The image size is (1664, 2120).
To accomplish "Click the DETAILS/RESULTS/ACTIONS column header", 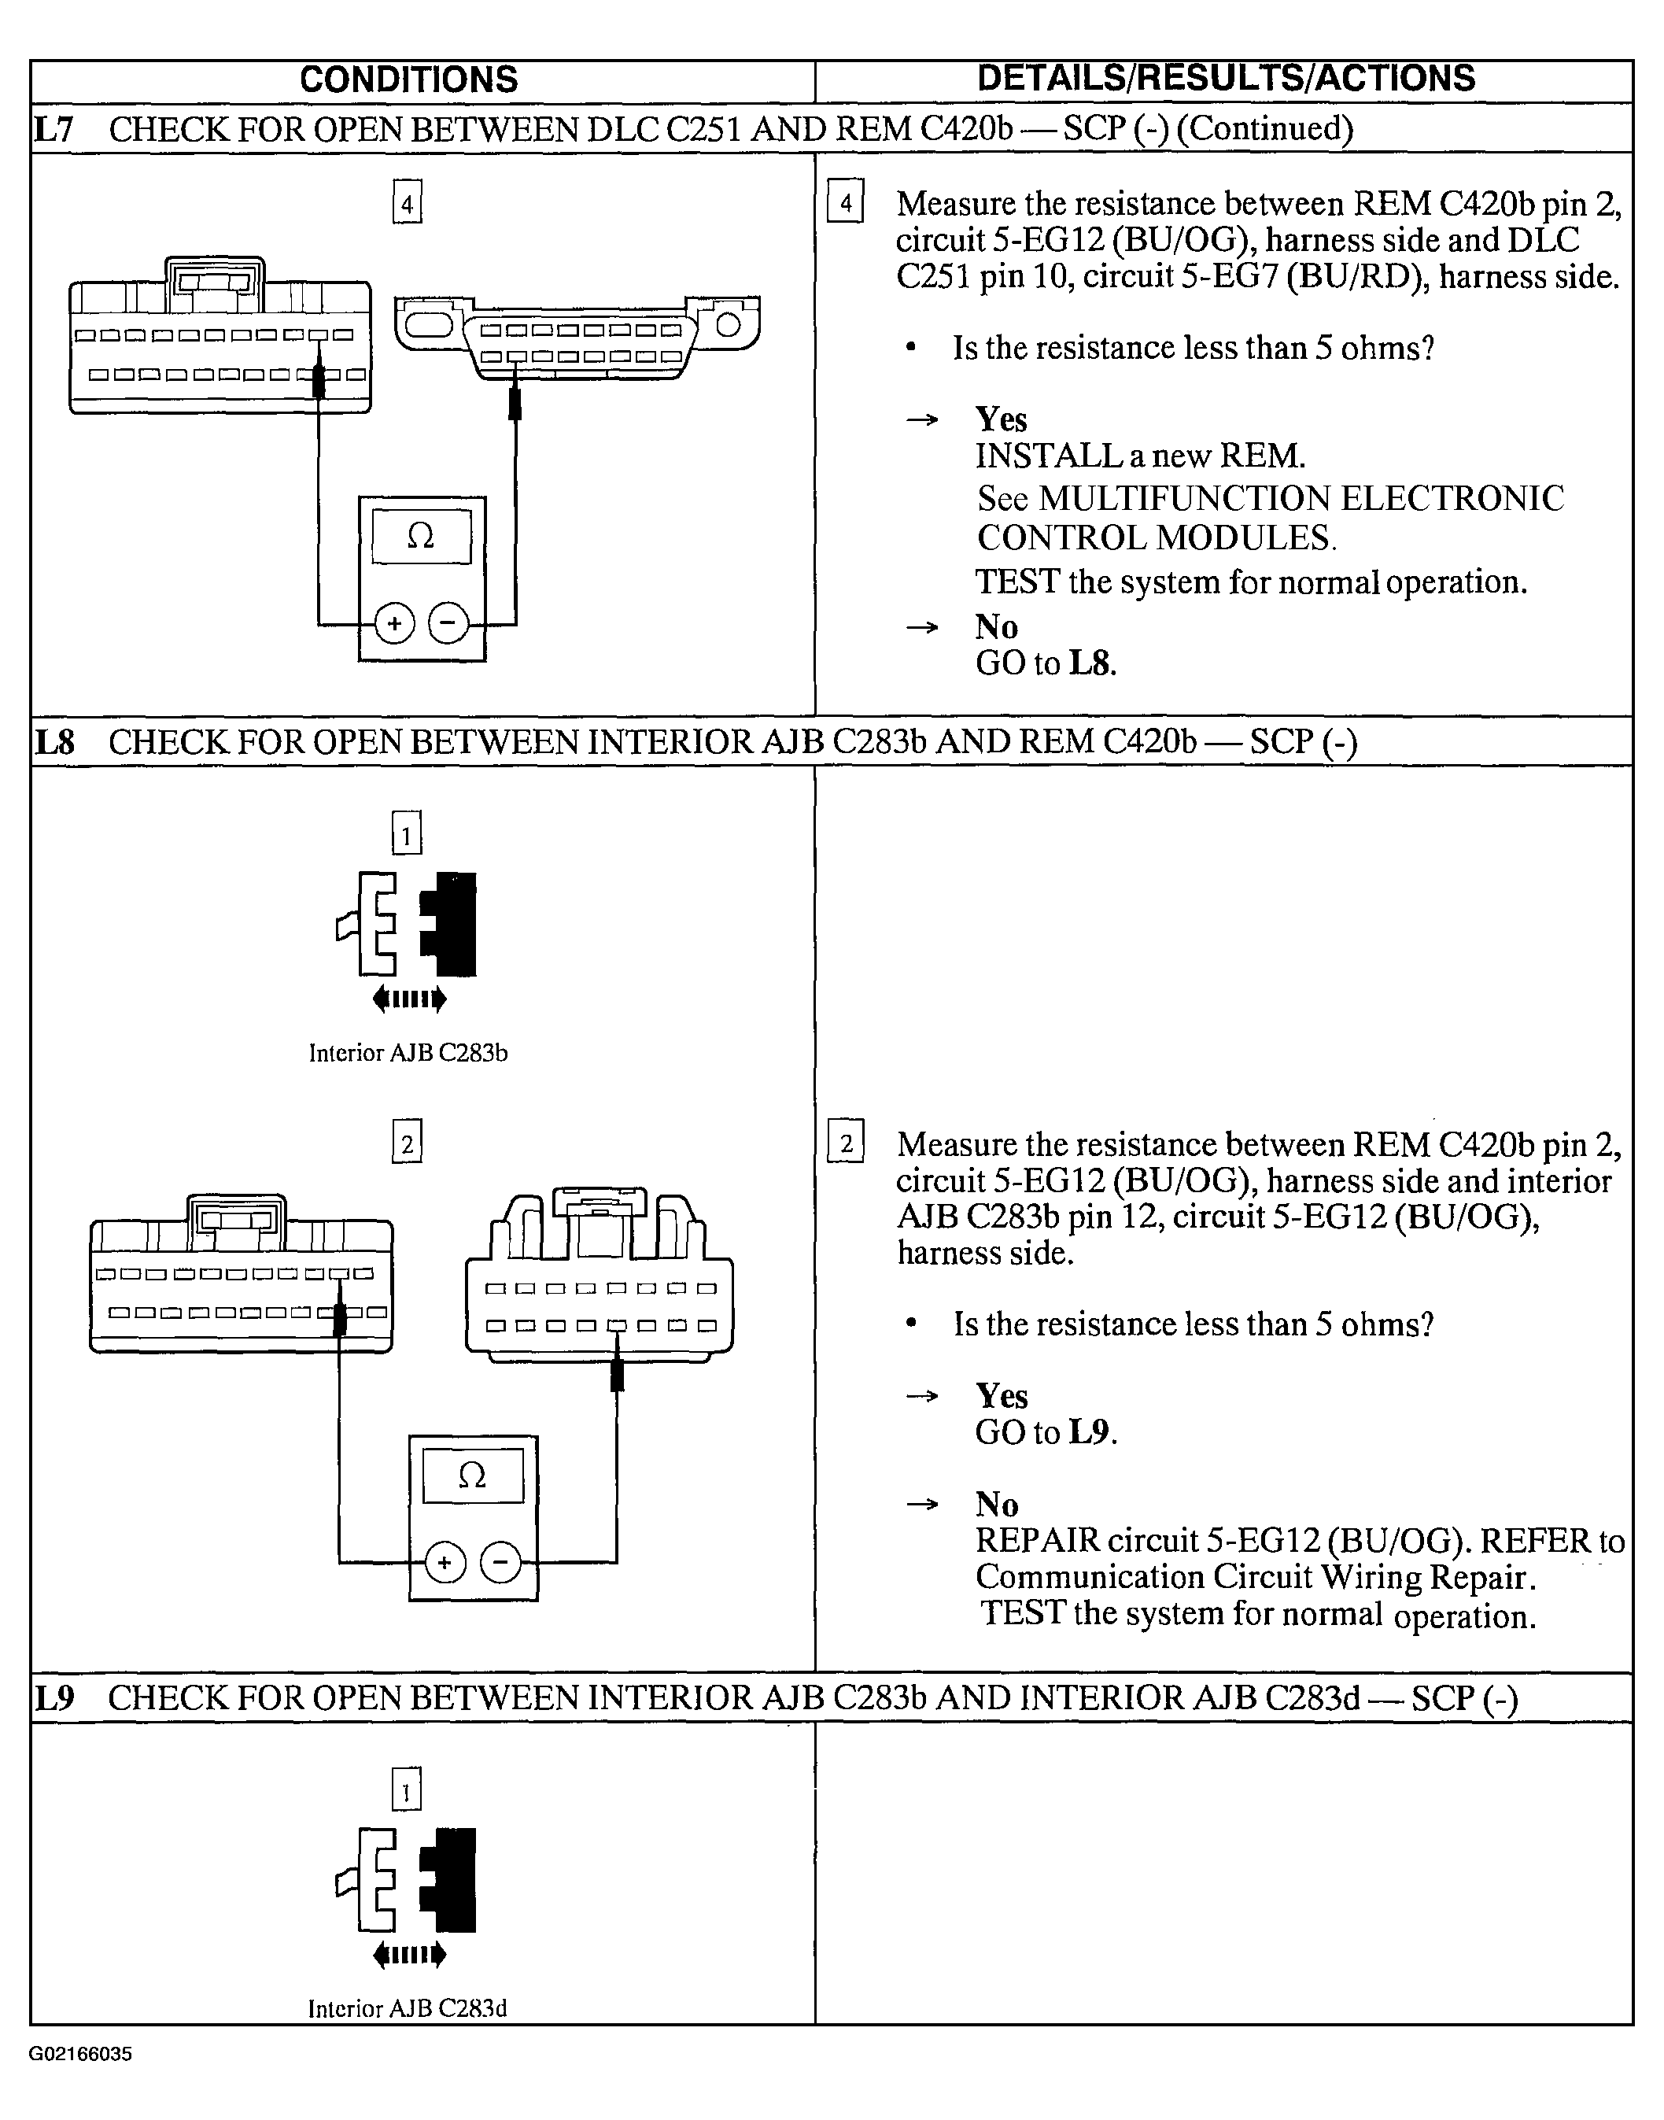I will tap(1226, 79).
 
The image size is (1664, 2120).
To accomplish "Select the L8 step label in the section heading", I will tap(54, 742).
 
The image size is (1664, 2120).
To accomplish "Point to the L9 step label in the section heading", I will tap(54, 1698).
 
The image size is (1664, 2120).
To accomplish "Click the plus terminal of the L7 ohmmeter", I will tap(395, 623).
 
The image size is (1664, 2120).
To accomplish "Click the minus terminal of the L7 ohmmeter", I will tap(448, 623).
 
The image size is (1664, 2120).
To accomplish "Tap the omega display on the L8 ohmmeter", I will tap(473, 1477).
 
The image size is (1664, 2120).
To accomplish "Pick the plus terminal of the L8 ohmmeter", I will tap(445, 1563).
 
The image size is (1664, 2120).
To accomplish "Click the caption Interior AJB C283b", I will tap(408, 1053).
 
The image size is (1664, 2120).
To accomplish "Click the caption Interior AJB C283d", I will tap(408, 2009).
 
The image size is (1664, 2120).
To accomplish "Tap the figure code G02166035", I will tap(80, 2054).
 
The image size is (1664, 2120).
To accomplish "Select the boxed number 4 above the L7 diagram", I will tap(408, 205).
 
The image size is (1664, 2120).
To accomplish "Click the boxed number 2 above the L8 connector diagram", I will tap(408, 1143).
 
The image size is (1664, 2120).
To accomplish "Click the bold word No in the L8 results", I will tap(997, 1505).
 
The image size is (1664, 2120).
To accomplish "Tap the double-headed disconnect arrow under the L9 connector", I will tap(409, 1955).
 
